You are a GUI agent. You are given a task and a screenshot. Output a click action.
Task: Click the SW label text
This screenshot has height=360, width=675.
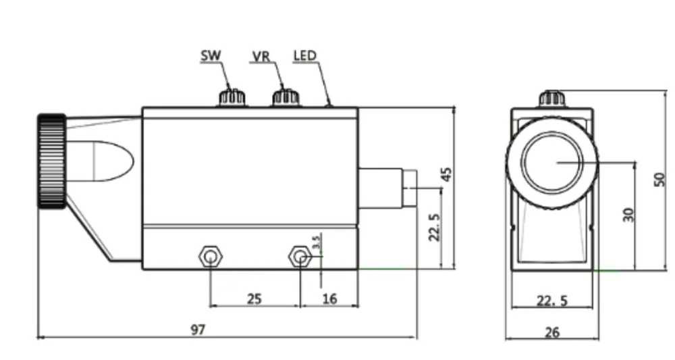click(x=211, y=56)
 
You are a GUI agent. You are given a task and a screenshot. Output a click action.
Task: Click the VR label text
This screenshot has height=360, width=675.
click(x=261, y=56)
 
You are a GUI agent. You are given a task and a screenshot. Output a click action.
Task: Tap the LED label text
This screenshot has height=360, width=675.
click(x=304, y=55)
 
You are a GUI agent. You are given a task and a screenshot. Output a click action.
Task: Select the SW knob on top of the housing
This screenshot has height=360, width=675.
click(x=232, y=98)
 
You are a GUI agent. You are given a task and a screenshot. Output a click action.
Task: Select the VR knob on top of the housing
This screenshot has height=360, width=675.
click(x=286, y=98)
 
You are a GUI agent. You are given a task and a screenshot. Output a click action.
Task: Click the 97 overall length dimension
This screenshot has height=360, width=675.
click(x=198, y=330)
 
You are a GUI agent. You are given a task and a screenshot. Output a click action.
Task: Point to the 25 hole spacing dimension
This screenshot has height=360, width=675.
click(x=254, y=298)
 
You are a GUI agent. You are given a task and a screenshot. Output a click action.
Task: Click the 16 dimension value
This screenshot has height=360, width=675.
click(x=330, y=298)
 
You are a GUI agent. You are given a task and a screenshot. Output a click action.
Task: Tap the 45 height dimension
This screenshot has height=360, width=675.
click(x=446, y=174)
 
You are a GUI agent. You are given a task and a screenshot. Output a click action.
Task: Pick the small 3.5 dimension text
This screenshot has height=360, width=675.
click(x=316, y=241)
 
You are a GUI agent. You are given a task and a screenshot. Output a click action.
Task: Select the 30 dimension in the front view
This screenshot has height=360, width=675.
click(x=628, y=214)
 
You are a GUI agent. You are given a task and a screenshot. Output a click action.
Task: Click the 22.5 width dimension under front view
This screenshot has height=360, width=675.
click(x=552, y=300)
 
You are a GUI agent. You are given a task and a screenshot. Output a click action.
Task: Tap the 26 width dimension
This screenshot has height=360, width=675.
click(x=552, y=332)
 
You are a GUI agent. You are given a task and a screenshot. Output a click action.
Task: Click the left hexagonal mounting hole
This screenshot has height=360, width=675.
click(x=211, y=257)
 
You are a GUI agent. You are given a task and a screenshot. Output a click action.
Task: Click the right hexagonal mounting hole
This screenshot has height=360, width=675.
click(x=300, y=257)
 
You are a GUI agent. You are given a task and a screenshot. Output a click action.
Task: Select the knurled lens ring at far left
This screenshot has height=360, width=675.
click(x=51, y=161)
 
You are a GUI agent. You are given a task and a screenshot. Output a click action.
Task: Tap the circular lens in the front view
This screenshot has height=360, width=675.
click(x=552, y=161)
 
